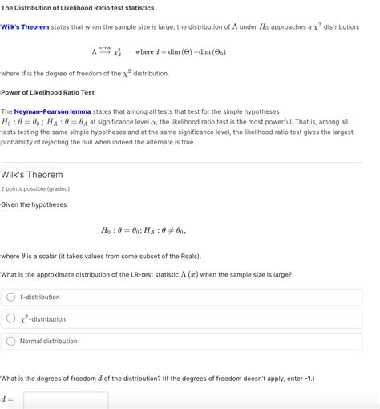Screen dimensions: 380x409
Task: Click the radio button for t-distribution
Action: (11, 297)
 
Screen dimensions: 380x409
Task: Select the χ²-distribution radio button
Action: (11, 318)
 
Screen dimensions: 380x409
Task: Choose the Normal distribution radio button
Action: (11, 341)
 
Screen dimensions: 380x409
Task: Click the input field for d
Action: (66, 399)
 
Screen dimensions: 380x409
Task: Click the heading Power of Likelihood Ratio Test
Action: (47, 92)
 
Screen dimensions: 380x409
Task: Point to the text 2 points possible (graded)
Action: (35, 189)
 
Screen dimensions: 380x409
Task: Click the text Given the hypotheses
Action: (34, 204)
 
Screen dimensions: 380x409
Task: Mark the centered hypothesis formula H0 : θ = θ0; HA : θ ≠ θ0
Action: (143, 231)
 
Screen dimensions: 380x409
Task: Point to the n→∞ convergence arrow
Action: (105, 51)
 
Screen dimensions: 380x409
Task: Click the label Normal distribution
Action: (49, 341)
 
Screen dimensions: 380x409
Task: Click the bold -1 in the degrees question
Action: (306, 378)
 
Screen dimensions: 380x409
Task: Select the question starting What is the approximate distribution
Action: (146, 274)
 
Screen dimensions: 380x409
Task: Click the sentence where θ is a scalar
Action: (101, 256)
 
